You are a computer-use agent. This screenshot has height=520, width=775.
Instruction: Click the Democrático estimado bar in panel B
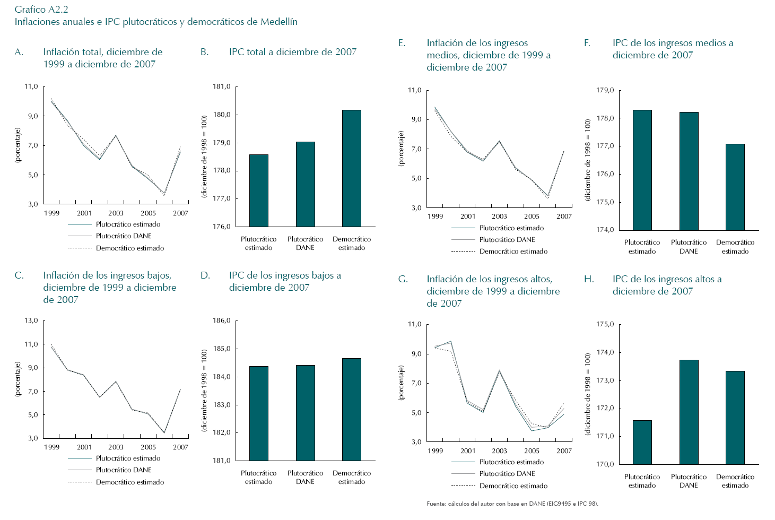point(351,168)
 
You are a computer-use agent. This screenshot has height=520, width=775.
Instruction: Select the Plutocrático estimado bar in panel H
point(642,442)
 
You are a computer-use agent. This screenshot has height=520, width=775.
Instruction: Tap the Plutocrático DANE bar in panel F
point(689,171)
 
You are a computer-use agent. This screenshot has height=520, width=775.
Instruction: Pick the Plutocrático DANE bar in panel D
point(305,412)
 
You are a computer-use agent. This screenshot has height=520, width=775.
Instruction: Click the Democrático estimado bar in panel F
point(735,187)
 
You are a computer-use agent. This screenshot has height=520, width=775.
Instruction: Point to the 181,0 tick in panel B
point(221,86)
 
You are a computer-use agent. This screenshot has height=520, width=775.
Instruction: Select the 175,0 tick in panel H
point(605,324)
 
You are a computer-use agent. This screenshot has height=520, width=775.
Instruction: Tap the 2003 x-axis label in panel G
point(499,451)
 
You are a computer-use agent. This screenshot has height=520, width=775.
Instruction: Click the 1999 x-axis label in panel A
point(52,213)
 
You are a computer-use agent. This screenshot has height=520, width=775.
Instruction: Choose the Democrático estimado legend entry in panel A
point(129,248)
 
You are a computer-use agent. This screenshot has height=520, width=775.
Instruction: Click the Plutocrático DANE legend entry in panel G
point(507,474)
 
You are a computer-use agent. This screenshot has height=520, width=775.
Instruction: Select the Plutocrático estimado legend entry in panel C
point(128,458)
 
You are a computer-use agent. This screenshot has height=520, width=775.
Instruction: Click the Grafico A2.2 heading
point(41,10)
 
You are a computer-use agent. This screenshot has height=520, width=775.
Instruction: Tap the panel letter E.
point(402,43)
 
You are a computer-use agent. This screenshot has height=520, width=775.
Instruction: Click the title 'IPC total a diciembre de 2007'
point(292,52)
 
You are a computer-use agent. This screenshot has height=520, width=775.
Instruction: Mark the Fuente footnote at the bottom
point(512,504)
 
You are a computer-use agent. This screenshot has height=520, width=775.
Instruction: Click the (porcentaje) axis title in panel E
point(401,149)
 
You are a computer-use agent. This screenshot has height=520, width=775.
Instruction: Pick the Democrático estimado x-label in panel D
point(352,478)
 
